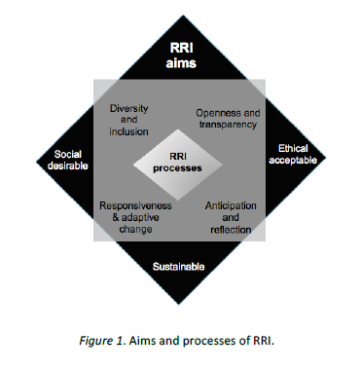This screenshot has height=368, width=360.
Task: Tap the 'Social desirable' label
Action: pyautogui.click(x=71, y=160)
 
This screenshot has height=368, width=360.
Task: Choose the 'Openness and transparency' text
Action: pyautogui.click(x=226, y=118)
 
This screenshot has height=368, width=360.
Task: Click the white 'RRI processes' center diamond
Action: pyautogui.click(x=180, y=160)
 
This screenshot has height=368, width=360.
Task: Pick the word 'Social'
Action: pyautogui.click(x=71, y=154)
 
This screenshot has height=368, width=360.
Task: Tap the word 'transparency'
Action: pyautogui.click(x=226, y=124)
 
